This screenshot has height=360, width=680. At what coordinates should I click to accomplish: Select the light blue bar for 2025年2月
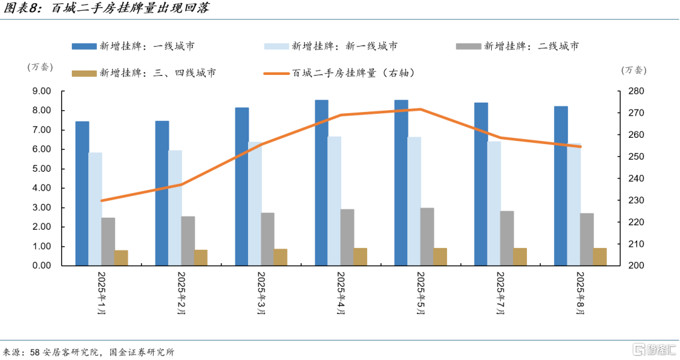(x=175, y=208)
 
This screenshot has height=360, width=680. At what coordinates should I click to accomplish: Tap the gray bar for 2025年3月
(x=268, y=239)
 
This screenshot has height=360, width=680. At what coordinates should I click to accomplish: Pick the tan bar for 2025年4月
(x=360, y=257)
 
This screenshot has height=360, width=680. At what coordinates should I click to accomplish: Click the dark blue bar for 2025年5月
(x=401, y=183)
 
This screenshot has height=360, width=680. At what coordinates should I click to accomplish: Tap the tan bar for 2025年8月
(x=600, y=257)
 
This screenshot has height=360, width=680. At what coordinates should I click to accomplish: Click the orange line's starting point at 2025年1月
(x=101, y=201)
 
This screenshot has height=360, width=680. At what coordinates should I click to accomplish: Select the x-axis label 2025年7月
(x=501, y=294)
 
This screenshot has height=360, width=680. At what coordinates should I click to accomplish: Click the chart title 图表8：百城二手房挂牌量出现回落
(x=108, y=9)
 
